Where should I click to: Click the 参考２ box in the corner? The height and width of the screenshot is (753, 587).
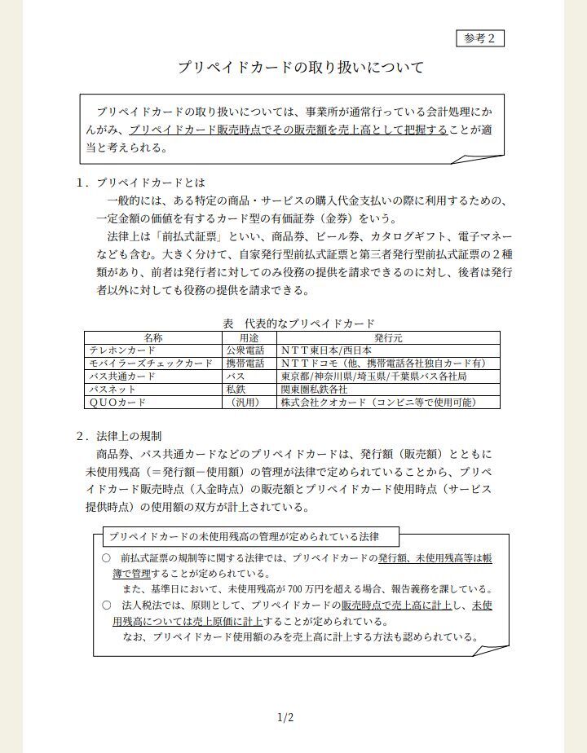click(479, 38)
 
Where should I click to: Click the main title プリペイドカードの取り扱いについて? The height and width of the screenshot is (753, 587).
click(301, 68)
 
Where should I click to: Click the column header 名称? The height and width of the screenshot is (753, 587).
click(153, 337)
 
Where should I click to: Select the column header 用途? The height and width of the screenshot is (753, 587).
click(249, 337)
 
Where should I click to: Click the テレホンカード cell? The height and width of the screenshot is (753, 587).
click(123, 350)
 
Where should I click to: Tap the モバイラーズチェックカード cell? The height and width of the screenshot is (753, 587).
click(151, 363)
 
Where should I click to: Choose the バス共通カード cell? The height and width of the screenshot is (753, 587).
click(123, 376)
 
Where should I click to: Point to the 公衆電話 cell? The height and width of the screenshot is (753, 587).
click(247, 350)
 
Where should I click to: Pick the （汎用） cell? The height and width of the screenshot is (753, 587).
click(249, 403)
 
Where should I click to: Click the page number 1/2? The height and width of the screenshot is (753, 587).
click(285, 718)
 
